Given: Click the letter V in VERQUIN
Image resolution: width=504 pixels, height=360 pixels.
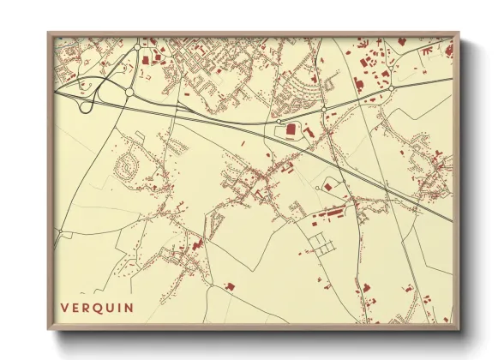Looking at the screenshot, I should [64, 307].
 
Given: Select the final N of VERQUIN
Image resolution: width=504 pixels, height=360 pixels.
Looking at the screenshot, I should [130, 307].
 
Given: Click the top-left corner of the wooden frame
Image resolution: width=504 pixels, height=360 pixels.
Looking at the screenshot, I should [49, 33].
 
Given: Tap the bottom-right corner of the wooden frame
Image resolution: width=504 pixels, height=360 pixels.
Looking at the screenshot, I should [459, 329].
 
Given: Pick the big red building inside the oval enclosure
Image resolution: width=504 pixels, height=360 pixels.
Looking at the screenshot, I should [291, 129].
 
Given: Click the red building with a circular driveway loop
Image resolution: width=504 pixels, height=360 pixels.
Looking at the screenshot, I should [327, 186].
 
